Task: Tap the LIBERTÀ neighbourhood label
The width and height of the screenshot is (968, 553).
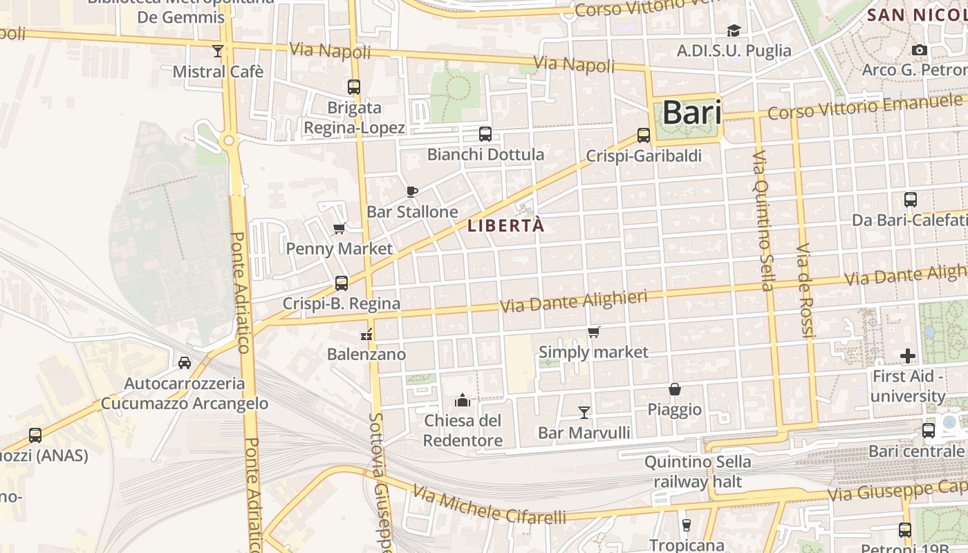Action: (x=506, y=225)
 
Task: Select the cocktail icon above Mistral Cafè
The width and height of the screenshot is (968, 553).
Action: (x=218, y=50)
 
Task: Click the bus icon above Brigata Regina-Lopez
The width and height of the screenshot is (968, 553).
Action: (x=354, y=87)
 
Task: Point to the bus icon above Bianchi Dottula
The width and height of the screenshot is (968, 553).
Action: (x=485, y=134)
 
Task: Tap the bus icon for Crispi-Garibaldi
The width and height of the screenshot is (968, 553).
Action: (x=644, y=135)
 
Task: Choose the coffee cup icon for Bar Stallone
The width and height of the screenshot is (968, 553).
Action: (x=412, y=191)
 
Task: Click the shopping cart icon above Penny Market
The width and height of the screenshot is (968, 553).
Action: (x=339, y=229)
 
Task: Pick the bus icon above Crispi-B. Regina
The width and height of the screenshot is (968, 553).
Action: (x=342, y=283)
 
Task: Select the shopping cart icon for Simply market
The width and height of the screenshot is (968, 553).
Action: (x=593, y=332)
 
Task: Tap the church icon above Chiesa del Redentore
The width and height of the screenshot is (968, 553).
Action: (x=463, y=400)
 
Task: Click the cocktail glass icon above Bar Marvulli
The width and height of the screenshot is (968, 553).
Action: (x=584, y=413)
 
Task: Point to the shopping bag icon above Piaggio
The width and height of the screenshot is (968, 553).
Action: (x=675, y=390)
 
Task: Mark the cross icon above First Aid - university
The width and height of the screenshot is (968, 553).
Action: (x=908, y=356)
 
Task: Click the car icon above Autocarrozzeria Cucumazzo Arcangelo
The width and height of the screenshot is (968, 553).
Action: (x=185, y=362)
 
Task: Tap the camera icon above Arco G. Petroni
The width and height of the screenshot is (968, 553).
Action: (x=919, y=50)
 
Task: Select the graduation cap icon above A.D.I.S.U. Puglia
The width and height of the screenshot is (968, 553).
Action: (x=734, y=30)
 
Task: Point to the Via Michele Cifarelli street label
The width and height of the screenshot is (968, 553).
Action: (x=489, y=505)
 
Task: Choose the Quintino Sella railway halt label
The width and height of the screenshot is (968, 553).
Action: (x=697, y=471)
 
